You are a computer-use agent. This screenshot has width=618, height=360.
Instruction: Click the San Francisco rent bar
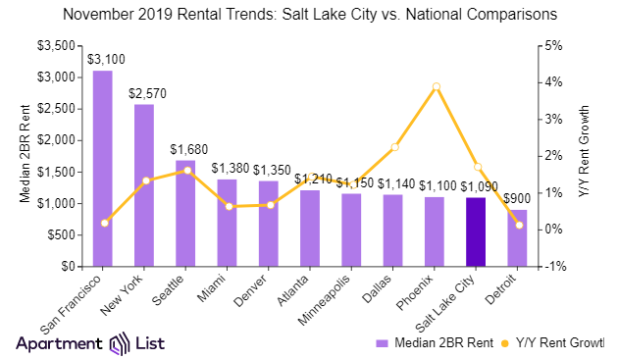pyautogui.click(x=102, y=168)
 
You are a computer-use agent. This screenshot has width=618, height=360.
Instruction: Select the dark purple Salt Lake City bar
pyautogui.click(x=475, y=231)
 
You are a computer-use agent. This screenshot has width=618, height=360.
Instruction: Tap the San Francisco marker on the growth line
pyautogui.click(x=103, y=223)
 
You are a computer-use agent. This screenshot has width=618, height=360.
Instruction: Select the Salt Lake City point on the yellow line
pyautogui.click(x=476, y=167)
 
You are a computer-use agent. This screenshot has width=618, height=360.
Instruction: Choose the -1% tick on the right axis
pyautogui.click(x=555, y=267)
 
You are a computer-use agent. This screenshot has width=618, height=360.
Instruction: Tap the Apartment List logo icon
pyautogui.click(x=120, y=343)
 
